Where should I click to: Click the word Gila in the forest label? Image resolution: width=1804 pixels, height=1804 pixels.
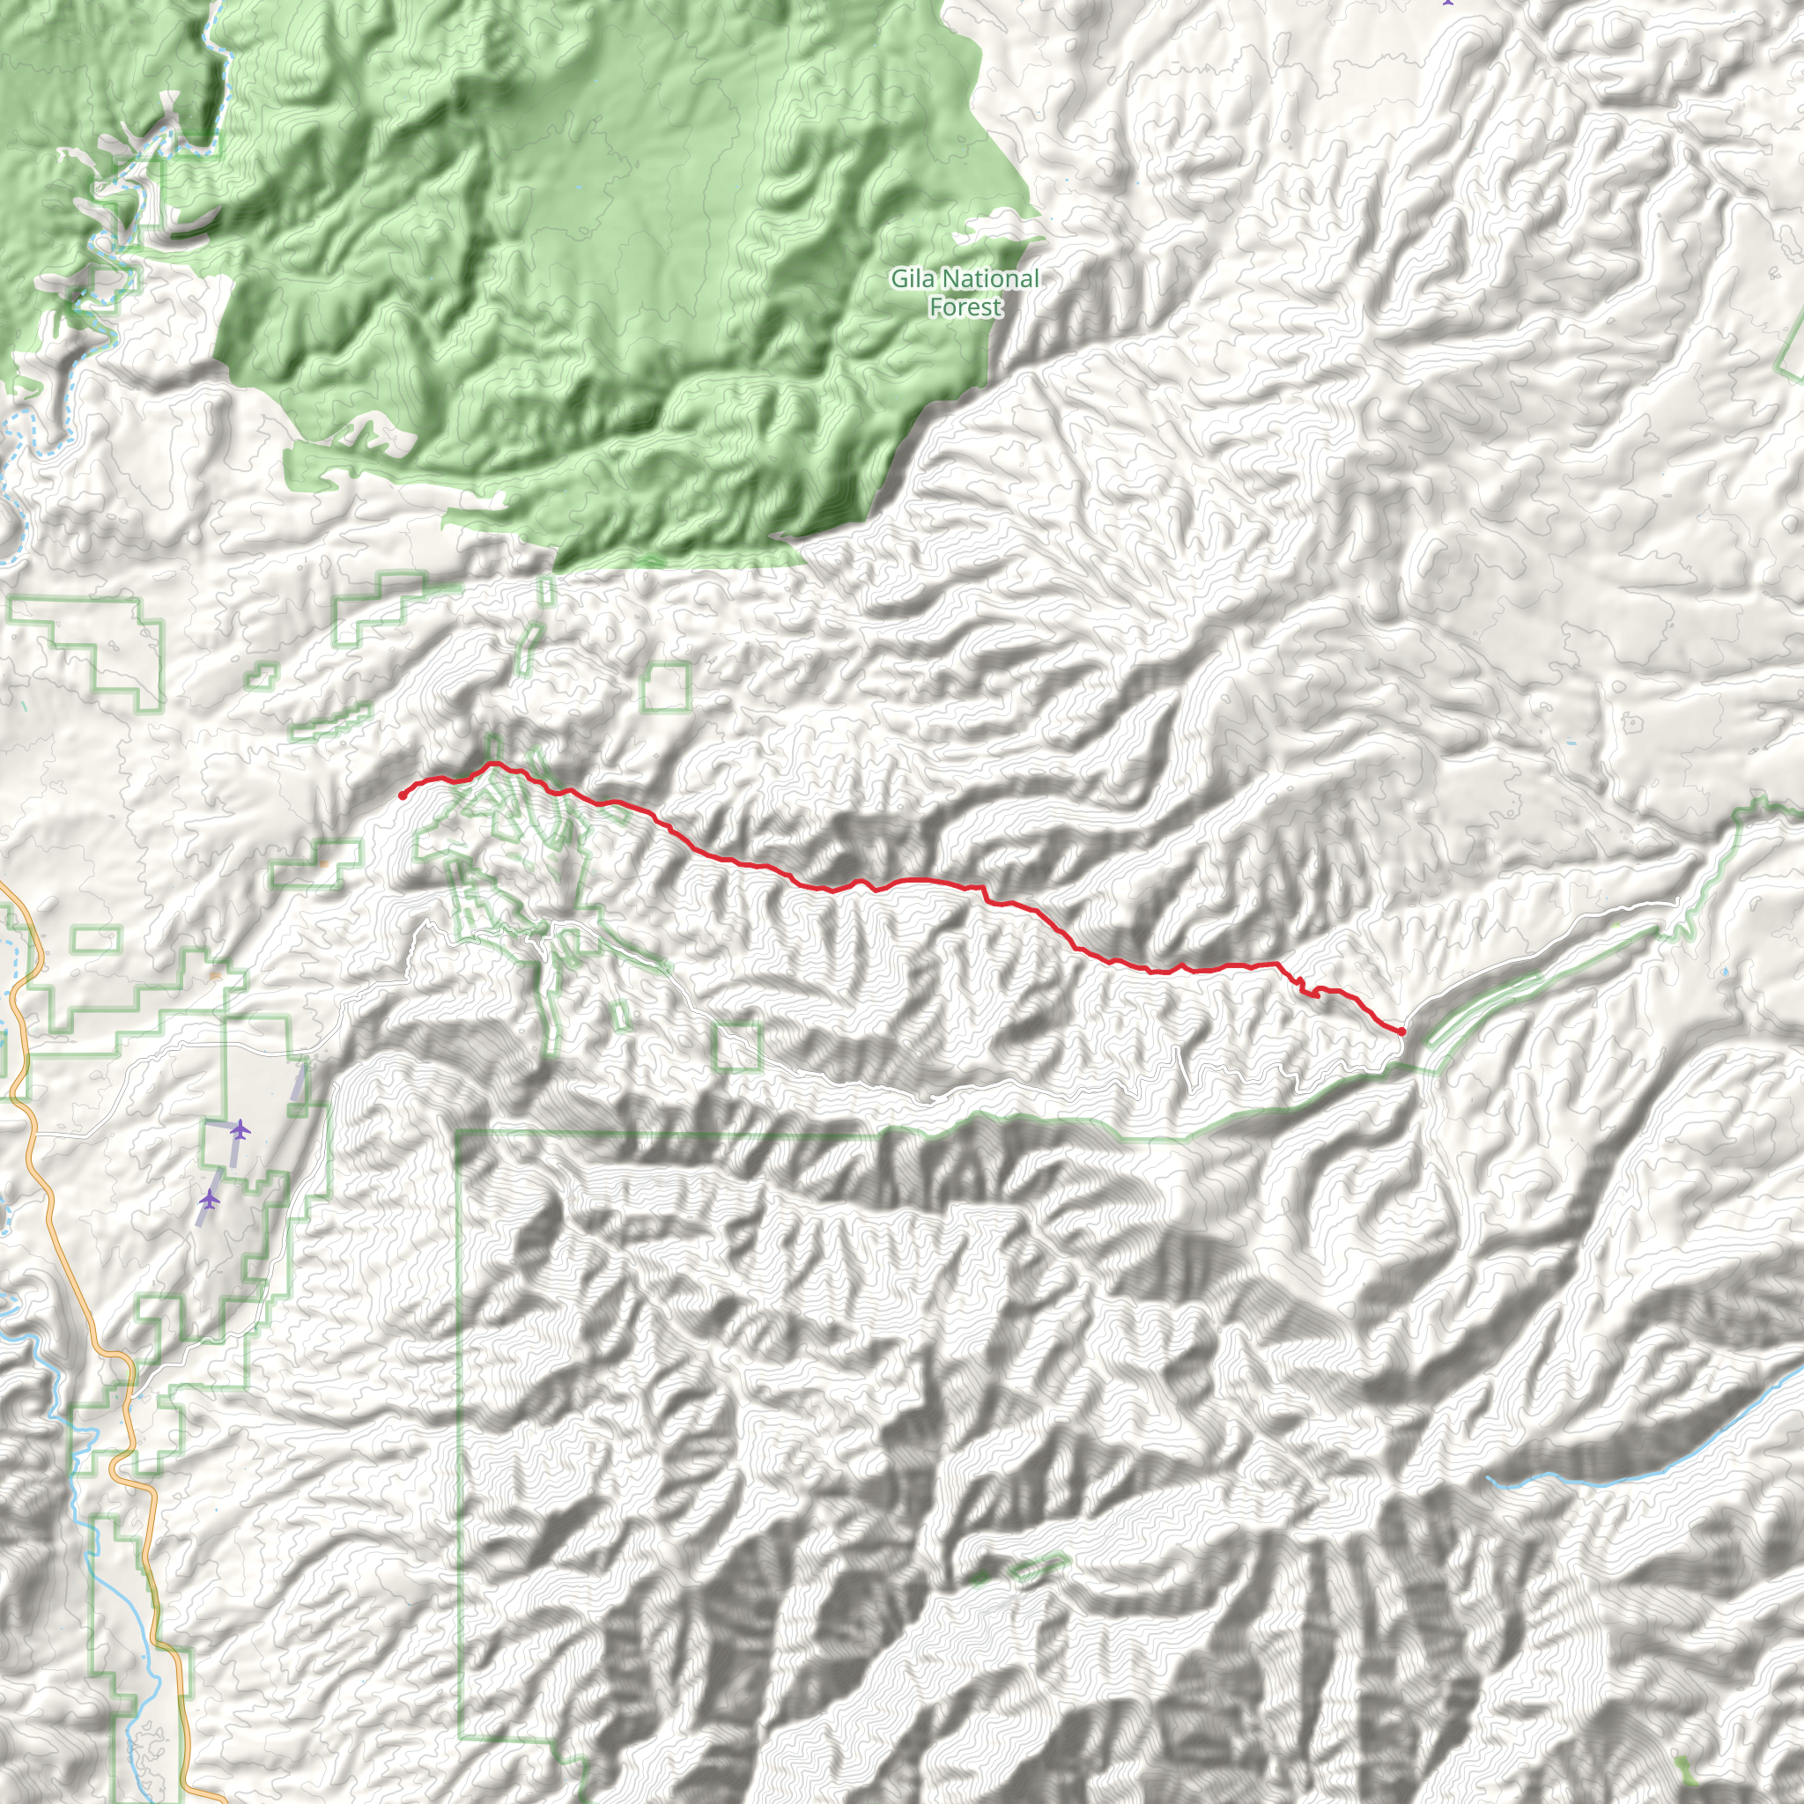[912, 278]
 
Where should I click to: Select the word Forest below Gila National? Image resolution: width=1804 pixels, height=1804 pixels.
[965, 307]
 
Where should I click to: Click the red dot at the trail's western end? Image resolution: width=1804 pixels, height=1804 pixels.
[402, 795]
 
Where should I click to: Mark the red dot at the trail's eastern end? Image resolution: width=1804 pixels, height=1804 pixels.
[1401, 1031]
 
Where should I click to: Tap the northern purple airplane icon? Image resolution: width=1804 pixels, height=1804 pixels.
[240, 1130]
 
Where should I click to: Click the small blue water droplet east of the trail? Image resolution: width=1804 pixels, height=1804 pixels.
[1724, 973]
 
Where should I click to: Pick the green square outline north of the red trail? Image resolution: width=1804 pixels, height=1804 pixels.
[666, 687]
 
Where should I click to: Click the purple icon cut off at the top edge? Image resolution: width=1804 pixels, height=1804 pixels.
[1448, 3]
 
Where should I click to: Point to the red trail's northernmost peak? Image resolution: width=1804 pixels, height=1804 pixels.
[492, 764]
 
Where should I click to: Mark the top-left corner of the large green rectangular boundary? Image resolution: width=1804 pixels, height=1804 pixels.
[457, 1132]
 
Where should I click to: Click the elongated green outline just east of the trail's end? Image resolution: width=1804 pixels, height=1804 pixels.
[1484, 1009]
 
